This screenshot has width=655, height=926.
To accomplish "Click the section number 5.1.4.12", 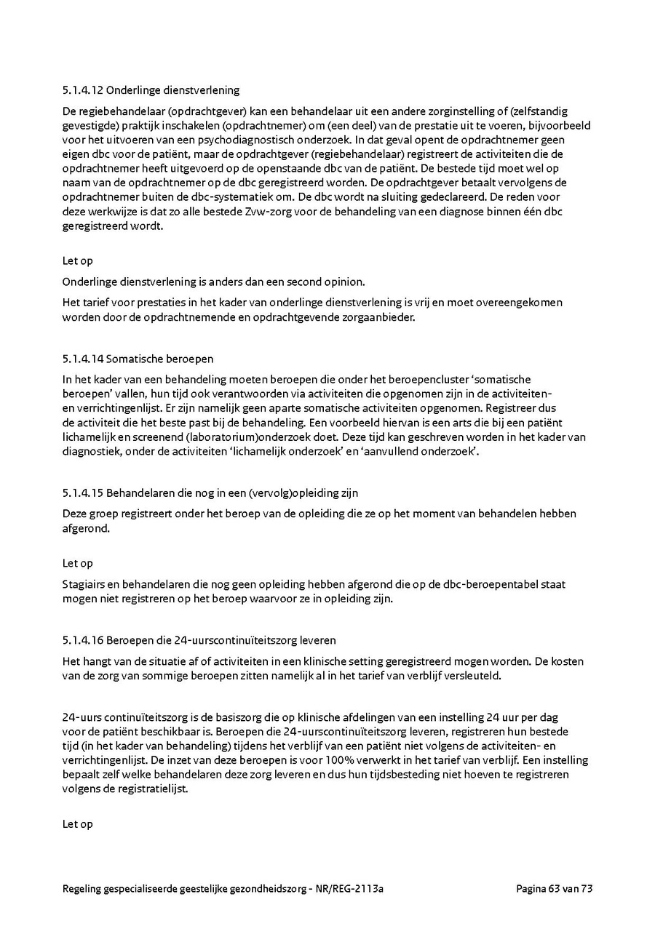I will click(x=83, y=90).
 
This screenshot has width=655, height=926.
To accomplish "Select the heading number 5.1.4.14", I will click(x=83, y=359).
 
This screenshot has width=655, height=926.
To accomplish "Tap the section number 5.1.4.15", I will click(x=83, y=493).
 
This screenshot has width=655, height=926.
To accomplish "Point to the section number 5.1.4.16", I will click(x=83, y=641).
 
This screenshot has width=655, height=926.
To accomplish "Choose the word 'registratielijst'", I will click(x=153, y=789).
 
